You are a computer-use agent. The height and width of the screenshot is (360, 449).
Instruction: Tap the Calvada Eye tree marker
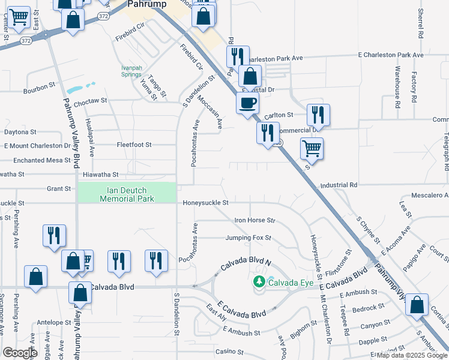point(259,281)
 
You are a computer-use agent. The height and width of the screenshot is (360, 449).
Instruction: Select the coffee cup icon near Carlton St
point(247,103)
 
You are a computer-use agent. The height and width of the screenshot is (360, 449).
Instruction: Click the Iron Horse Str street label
point(255,221)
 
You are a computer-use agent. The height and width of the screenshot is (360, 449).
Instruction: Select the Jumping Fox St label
point(249,238)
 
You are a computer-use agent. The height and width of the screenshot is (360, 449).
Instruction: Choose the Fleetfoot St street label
point(134,145)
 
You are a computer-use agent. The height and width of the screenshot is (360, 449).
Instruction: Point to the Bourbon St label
point(40,88)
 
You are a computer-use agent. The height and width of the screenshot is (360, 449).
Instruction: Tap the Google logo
point(20,353)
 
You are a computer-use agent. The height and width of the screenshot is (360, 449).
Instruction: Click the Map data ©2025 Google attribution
point(412,355)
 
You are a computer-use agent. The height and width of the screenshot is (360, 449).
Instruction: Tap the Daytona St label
point(20,131)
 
